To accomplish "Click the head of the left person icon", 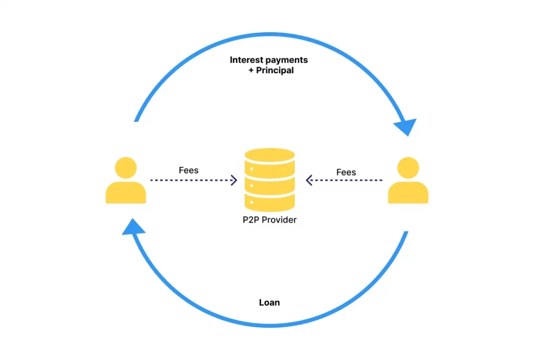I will (126, 167).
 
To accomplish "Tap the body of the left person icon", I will (126, 193).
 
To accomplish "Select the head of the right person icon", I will (408, 167).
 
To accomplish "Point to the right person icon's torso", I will (408, 193).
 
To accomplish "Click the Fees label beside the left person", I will (189, 170).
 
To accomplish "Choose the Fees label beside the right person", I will (346, 172).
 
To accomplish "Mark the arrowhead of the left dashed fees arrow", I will (234, 180).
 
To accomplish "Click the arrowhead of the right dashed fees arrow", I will (310, 180).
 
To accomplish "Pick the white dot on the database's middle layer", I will (252, 186).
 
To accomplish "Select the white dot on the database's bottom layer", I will (252, 202).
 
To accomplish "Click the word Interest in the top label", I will (245, 60).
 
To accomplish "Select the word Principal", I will (275, 70).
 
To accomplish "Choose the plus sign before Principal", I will (251, 70).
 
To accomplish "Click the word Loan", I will (269, 303).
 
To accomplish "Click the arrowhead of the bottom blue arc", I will (133, 228).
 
